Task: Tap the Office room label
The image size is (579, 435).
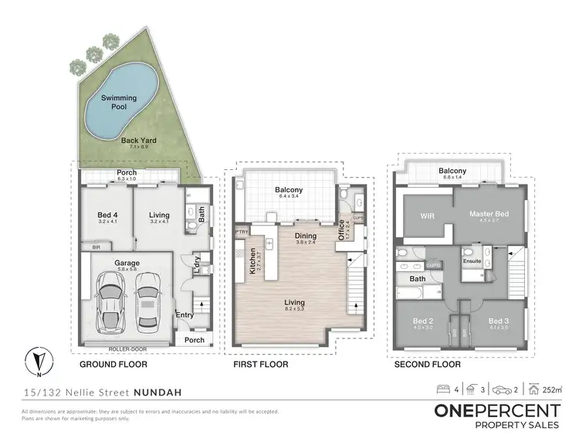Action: [342, 229]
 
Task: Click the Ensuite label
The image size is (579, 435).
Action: [472, 262]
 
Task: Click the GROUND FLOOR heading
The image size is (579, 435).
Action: [113, 364]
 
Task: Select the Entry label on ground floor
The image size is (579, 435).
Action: [185, 314]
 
